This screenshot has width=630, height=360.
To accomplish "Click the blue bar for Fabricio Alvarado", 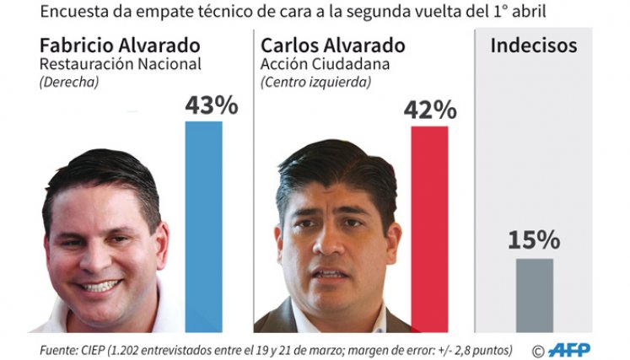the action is pos(204,227).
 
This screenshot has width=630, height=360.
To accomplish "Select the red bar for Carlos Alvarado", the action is pos(429,229).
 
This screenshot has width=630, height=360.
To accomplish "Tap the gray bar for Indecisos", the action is pos(535,295).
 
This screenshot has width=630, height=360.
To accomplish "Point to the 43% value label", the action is pos(212,105).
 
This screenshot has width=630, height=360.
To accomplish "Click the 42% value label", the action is pos(430,110).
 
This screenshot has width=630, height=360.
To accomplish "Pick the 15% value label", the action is pos(534,240).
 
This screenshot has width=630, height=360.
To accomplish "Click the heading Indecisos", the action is pos(534,46).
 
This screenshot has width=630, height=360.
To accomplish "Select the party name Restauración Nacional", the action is pos(120,64).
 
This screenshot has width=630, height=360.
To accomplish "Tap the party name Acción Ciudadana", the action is pos(325,64).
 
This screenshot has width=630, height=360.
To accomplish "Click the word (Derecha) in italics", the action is pos(69,82).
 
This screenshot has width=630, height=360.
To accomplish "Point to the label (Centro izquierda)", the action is pos(315,82).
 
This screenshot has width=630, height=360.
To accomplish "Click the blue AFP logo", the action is pos(570,350).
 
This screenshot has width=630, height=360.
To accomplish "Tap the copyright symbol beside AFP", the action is pos(538,351).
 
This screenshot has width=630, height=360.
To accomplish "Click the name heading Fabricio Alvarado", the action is pos(120,46).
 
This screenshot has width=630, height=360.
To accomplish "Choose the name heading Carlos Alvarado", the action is pos(332,46).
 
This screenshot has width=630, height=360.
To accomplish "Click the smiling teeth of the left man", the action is pos(100,286).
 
